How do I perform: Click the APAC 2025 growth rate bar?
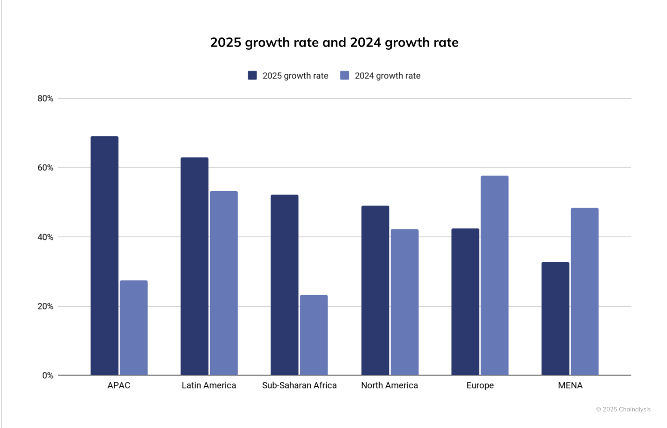tap(104, 256)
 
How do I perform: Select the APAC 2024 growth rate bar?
tap(134, 328)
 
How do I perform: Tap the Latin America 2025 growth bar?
tap(194, 266)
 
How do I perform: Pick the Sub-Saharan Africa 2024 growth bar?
tap(314, 335)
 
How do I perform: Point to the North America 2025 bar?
tap(375, 290)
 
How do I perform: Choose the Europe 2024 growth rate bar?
tap(495, 275)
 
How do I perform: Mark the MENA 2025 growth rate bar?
tap(555, 318)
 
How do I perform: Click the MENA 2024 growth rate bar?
tap(584, 291)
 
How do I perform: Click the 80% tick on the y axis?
tap(46, 98)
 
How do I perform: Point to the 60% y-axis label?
tap(46, 168)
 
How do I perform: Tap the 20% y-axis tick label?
tap(46, 306)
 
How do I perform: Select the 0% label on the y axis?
tap(48, 376)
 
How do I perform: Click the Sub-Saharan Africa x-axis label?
tap(300, 385)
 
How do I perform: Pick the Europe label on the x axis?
tap(480, 385)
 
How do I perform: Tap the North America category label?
tap(389, 385)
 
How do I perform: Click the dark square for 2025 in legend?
tap(252, 76)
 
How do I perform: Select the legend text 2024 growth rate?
tap(388, 76)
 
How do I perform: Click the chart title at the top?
tap(334, 43)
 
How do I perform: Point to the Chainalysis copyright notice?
tap(623, 409)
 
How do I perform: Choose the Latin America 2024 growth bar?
tap(223, 283)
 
